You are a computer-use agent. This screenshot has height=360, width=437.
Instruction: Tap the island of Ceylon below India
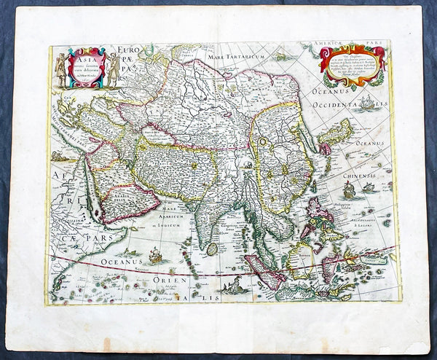[x=213, y=248]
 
